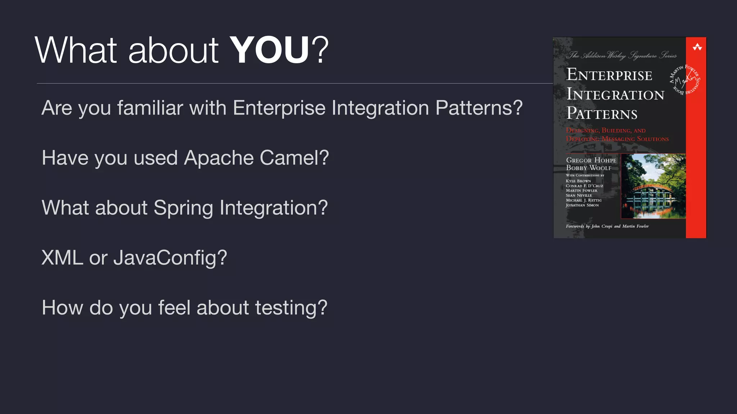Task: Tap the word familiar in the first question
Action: [150, 108]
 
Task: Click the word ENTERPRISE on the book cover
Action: [609, 75]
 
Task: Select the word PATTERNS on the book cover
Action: [602, 114]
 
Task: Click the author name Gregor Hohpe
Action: [591, 160]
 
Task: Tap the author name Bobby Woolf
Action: [588, 168]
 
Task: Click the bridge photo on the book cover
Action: [653, 186]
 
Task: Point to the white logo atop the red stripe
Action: [697, 47]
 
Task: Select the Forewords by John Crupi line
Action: [607, 226]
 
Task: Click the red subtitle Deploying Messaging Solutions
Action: [617, 139]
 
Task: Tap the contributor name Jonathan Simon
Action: [582, 205]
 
